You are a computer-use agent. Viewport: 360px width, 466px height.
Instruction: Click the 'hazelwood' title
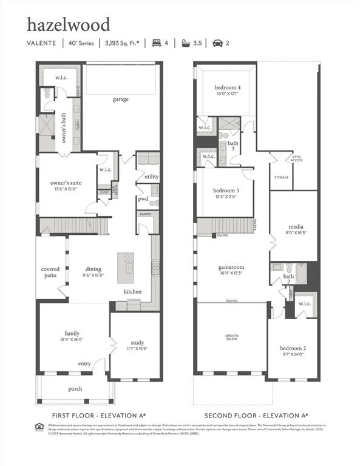(x=69, y=25)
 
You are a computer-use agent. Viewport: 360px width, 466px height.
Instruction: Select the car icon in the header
(x=217, y=43)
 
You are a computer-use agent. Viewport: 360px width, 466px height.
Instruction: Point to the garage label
(x=120, y=99)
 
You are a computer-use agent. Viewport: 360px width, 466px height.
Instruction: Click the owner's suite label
(x=66, y=183)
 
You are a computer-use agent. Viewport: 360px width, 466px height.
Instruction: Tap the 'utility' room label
(x=151, y=177)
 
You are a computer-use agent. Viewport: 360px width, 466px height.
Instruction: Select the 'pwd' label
(x=143, y=198)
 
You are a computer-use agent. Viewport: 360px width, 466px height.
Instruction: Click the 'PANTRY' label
(x=146, y=214)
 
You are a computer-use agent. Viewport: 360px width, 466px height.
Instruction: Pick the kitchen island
(x=129, y=266)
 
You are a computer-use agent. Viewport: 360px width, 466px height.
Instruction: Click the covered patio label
(x=50, y=272)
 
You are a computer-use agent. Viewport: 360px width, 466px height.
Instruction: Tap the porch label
(x=75, y=388)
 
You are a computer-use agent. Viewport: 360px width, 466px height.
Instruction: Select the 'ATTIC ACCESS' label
(x=297, y=159)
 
